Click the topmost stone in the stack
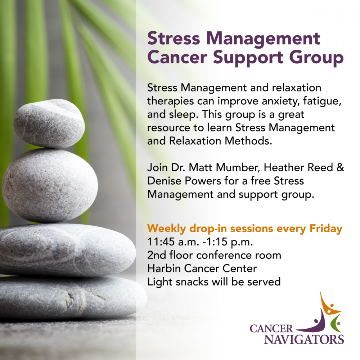(49, 123)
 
